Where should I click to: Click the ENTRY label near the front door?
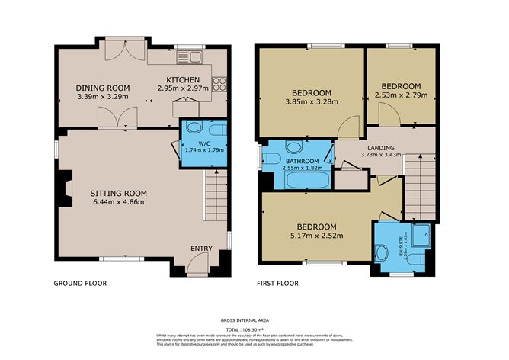point(202,249)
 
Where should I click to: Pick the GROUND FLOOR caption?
point(80,284)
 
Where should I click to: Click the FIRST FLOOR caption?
point(277,284)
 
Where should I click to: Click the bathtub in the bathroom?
point(307,181)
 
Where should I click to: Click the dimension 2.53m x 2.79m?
point(401,95)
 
